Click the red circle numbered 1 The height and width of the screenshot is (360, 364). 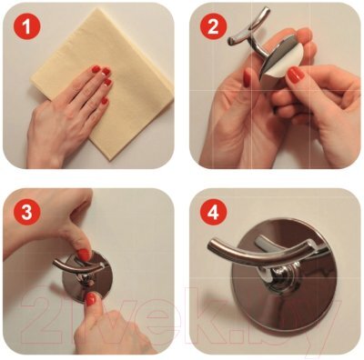(26, 26)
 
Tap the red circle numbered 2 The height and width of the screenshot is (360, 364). (213, 26)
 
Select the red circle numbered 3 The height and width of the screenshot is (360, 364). (26, 212)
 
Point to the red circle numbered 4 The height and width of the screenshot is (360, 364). (213, 212)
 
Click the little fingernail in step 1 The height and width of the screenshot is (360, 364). (105, 101)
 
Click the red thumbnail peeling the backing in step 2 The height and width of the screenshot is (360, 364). (296, 75)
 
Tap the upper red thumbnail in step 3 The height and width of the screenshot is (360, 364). (85, 255)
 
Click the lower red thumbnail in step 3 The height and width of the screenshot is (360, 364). (90, 299)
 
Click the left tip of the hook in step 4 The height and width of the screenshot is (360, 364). (210, 245)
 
